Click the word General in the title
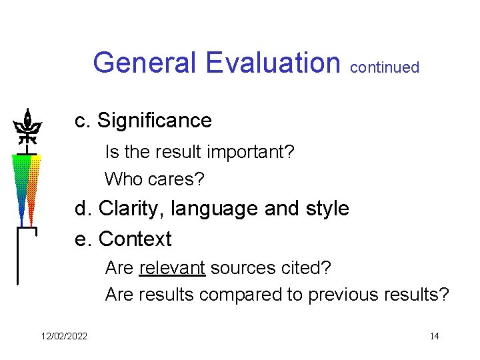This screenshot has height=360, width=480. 145,63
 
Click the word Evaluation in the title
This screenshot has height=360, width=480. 273,63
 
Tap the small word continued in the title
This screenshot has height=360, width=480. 385,67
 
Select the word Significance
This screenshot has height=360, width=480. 154,121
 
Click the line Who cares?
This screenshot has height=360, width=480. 155,179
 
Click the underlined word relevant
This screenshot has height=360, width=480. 172,268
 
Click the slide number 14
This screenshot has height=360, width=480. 434,335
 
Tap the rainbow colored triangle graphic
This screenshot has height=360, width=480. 27,187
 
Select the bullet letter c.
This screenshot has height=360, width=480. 81,121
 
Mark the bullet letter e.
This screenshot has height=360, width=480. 81,239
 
